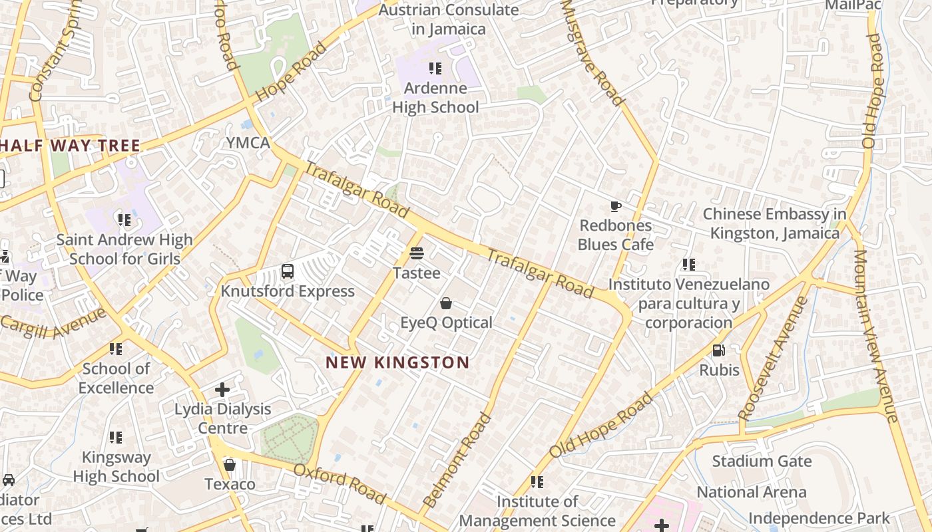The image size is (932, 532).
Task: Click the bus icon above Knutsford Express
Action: point(288,271)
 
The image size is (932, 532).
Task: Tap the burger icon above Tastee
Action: point(417,253)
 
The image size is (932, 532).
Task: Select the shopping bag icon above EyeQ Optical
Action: point(446,303)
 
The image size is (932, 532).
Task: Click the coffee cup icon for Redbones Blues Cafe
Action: point(616,206)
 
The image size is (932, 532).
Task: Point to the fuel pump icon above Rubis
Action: point(719,350)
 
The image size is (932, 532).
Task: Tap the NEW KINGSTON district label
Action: point(397,362)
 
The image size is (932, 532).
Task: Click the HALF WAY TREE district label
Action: point(70,146)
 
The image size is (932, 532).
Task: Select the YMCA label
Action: point(248,143)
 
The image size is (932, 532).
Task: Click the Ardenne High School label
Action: point(435,98)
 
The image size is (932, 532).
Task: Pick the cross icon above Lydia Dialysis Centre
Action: point(222,389)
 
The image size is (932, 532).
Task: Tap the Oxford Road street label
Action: point(340,483)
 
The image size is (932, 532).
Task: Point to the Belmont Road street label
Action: point(457,460)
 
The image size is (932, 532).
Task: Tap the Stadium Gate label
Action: point(762,461)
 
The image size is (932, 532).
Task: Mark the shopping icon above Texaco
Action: point(230,464)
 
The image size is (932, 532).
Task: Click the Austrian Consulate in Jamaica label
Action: point(449,19)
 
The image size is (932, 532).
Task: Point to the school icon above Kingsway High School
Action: point(116,438)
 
